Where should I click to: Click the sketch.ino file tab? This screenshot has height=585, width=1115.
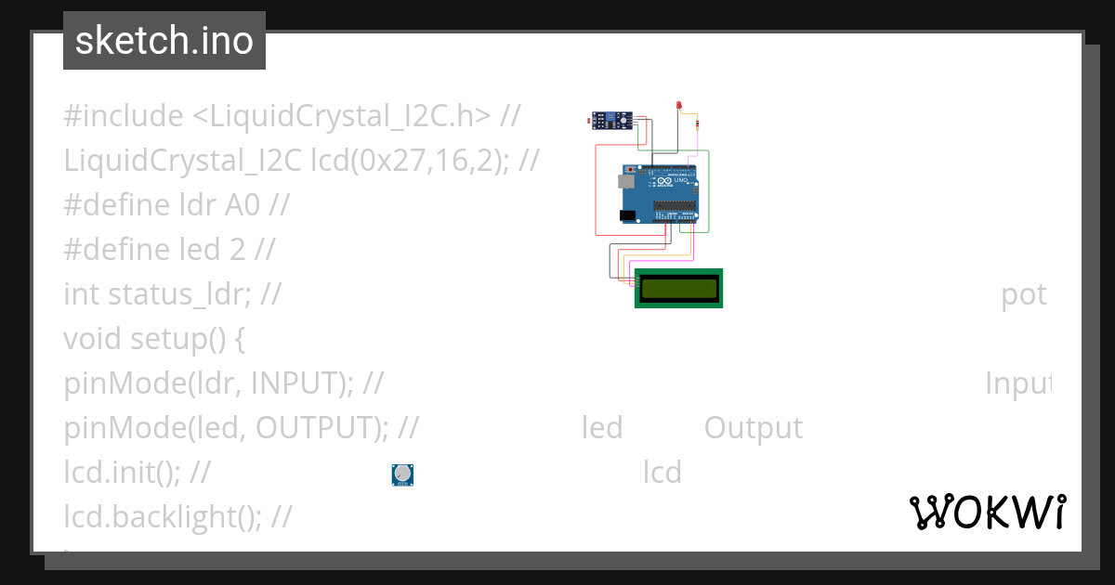[164, 41]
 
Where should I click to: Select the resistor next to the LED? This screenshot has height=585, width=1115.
[698, 124]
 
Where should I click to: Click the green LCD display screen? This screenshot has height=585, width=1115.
[678, 289]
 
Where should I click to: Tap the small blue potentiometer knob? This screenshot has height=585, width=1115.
[402, 474]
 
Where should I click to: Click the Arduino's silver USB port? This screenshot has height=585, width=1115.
[627, 183]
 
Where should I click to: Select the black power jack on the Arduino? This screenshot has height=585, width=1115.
[628, 215]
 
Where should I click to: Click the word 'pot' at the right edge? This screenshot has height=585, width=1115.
[1024, 294]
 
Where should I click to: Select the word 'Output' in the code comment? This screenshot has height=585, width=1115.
[753, 428]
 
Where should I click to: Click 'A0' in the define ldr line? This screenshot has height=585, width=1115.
[243, 205]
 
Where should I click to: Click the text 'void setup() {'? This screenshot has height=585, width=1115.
[154, 339]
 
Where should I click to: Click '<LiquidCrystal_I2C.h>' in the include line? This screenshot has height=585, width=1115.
[342, 116]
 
